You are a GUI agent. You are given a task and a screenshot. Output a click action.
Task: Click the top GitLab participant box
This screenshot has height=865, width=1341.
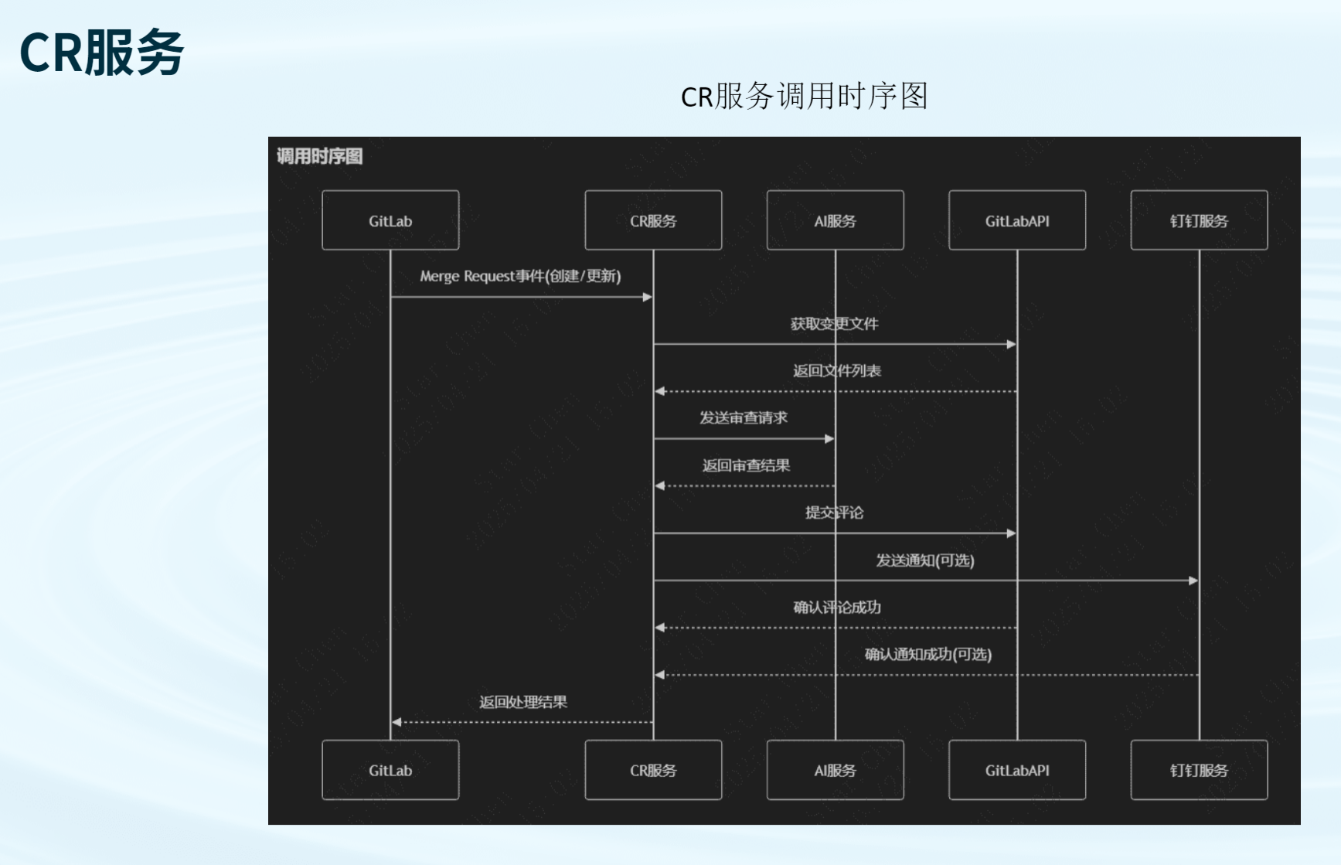pyautogui.click(x=390, y=220)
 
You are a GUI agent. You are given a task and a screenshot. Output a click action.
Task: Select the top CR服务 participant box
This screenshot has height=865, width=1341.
pyautogui.click(x=653, y=220)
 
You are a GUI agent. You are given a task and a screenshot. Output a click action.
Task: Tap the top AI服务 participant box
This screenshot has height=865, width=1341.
pyautogui.click(x=835, y=220)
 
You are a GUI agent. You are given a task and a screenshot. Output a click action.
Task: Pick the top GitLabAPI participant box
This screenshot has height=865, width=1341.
pyautogui.click(x=1017, y=220)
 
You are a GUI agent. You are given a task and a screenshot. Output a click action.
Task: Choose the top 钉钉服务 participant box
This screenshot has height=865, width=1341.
pyautogui.click(x=1199, y=220)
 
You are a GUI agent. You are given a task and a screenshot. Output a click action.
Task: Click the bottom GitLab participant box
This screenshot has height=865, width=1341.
pyautogui.click(x=390, y=770)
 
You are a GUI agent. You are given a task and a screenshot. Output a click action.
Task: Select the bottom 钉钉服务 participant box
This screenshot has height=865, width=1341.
pyautogui.click(x=1199, y=770)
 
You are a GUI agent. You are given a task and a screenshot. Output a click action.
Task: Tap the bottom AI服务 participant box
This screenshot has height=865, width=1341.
pyautogui.click(x=835, y=770)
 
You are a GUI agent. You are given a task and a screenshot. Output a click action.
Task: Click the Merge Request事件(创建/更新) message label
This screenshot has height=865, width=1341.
pyautogui.click(x=520, y=276)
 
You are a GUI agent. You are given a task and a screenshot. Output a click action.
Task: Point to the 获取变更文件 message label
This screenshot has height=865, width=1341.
pyautogui.click(x=834, y=323)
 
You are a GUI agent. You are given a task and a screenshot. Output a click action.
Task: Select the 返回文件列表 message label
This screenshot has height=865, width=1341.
pyautogui.click(x=836, y=370)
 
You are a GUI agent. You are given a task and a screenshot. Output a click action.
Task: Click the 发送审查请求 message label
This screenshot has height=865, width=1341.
pyautogui.click(x=744, y=417)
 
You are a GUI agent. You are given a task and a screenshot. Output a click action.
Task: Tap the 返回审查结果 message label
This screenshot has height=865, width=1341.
pyautogui.click(x=746, y=465)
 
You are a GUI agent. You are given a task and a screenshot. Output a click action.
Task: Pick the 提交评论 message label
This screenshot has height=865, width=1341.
pyautogui.click(x=834, y=513)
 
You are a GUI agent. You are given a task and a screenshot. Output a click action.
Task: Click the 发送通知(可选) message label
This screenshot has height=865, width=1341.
pyautogui.click(x=924, y=560)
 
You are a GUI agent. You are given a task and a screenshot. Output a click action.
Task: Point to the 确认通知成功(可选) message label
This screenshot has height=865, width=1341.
pyautogui.click(x=927, y=654)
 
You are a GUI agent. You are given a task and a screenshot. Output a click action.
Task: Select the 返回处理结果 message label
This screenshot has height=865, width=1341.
pyautogui.click(x=523, y=702)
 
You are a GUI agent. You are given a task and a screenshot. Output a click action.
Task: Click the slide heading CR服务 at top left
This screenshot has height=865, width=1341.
pyautogui.click(x=101, y=53)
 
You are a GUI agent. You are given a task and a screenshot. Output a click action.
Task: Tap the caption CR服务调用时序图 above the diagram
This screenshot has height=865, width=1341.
pyautogui.click(x=804, y=97)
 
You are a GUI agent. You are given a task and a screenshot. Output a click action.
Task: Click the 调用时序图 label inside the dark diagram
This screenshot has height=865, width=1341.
pyautogui.click(x=320, y=156)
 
